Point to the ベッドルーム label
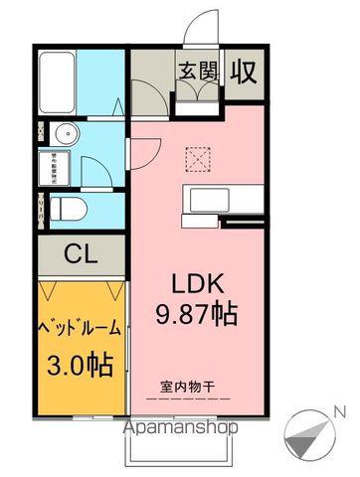[x=81, y=326]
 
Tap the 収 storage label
[x=244, y=72]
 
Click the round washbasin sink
[x=66, y=135]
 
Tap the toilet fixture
[x=66, y=207]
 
